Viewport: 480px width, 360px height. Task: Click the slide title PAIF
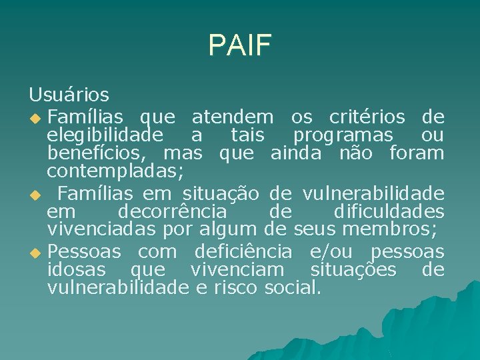pyautogui.click(x=239, y=45)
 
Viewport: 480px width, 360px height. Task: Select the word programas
pyautogui.click(x=344, y=135)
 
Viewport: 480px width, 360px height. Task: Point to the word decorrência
pyautogui.click(x=172, y=213)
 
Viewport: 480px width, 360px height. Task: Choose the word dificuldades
pyautogui.click(x=389, y=213)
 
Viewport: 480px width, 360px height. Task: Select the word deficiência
pyautogui.click(x=243, y=252)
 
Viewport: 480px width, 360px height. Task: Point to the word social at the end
pyautogui.click(x=293, y=289)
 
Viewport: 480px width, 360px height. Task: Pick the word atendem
pyautogui.click(x=233, y=117)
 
